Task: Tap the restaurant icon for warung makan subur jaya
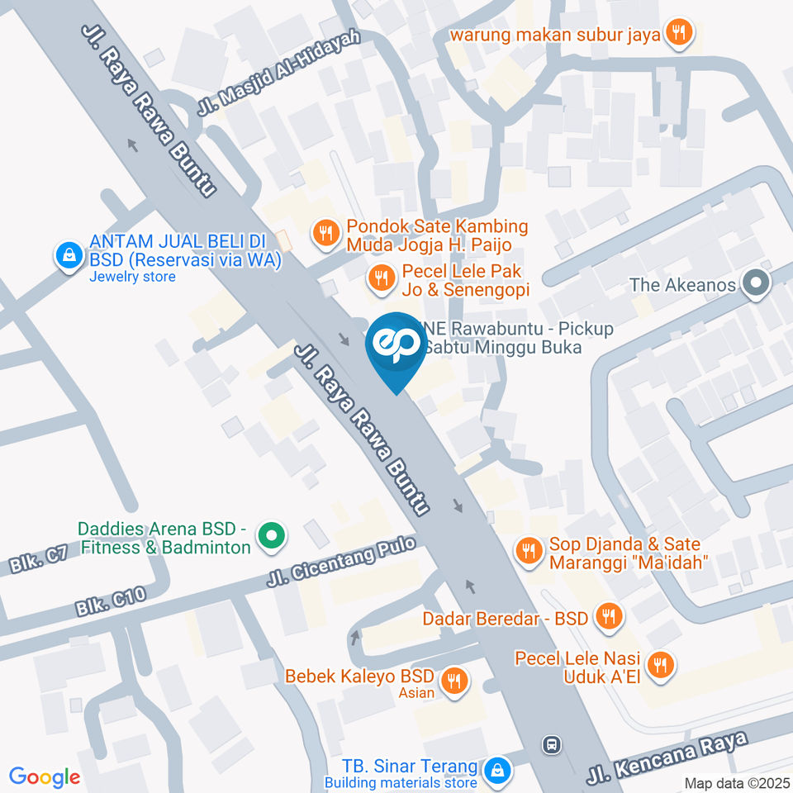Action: [681, 33]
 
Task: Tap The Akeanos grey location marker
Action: [755, 285]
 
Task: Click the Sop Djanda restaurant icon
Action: [526, 549]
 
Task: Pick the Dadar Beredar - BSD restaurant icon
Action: [610, 616]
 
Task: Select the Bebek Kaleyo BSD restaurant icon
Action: [453, 681]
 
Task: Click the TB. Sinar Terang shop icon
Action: [497, 770]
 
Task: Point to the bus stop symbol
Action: [551, 744]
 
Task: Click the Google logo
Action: [45, 776]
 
